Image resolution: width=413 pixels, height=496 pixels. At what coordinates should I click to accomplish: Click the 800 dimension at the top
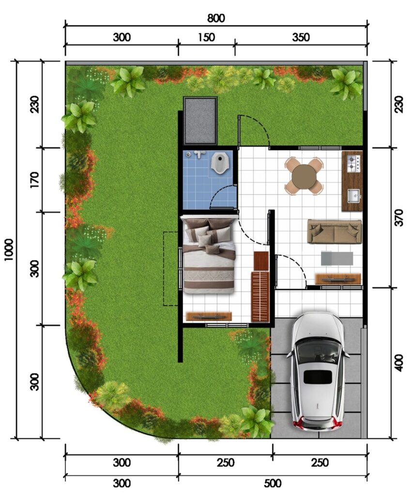[216, 18]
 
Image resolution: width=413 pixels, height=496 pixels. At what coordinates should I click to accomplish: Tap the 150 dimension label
[206, 37]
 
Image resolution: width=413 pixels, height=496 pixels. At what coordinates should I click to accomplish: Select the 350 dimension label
[301, 37]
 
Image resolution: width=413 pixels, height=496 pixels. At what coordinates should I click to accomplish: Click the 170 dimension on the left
[34, 180]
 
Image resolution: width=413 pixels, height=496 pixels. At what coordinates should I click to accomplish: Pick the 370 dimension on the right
[399, 217]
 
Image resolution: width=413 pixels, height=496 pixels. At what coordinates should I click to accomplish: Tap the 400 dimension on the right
[399, 363]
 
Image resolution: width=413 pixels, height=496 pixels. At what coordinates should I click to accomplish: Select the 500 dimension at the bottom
[272, 483]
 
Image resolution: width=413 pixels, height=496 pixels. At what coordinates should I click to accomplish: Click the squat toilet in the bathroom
[218, 163]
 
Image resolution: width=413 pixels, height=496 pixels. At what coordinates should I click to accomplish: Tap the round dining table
[304, 176]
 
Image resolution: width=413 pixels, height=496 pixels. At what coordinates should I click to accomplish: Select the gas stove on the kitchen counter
[354, 164]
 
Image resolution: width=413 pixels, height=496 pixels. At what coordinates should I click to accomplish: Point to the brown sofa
[335, 232]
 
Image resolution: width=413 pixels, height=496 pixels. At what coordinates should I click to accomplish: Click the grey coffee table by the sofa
[337, 259]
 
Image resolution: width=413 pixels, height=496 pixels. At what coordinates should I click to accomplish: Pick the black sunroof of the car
[318, 377]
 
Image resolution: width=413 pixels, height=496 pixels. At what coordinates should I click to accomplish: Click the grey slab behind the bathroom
[200, 121]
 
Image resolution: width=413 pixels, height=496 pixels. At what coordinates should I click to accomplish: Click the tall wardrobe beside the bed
[260, 296]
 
